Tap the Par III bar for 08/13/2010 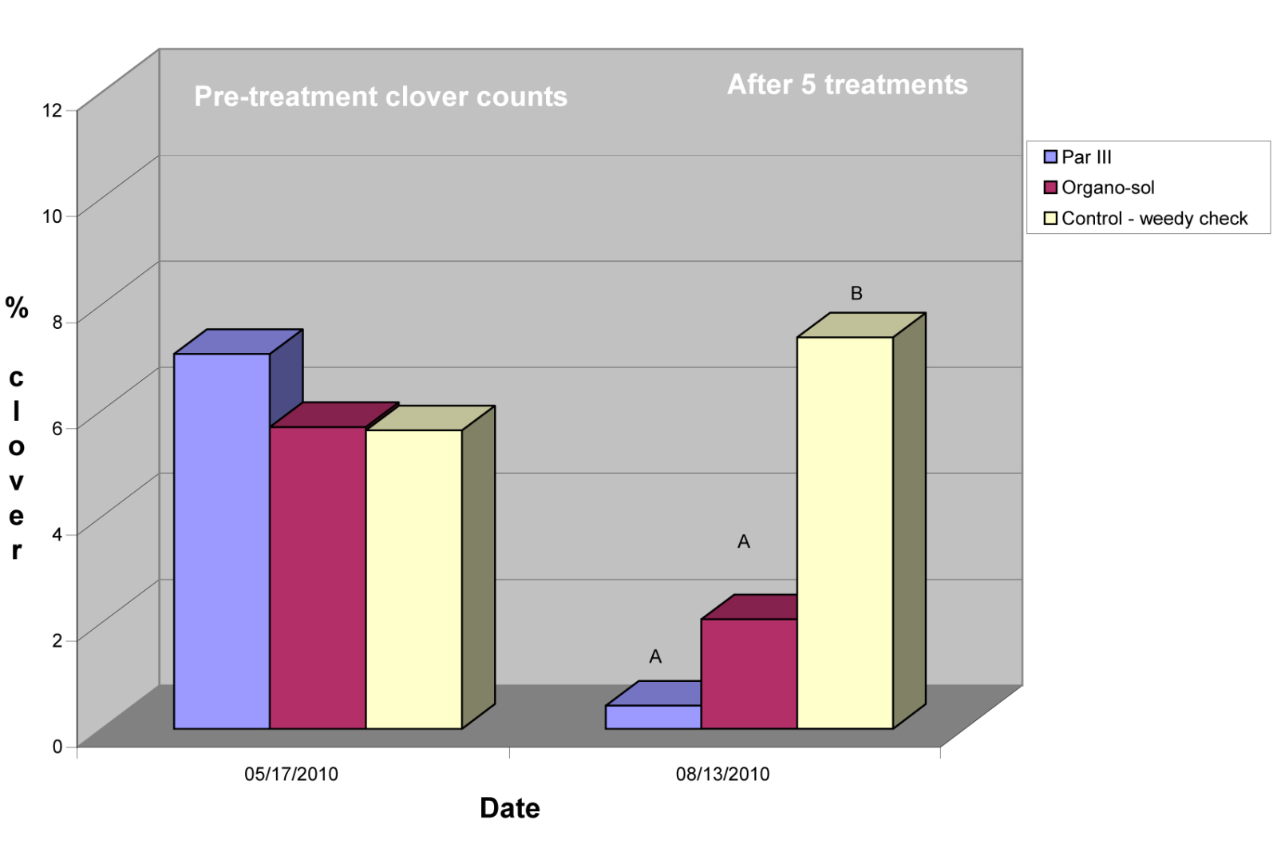(653, 716)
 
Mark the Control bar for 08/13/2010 (844, 533)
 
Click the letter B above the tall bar (856, 294)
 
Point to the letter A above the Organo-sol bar (744, 542)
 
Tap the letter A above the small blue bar (655, 657)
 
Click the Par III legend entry (1085, 157)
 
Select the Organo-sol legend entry (1107, 188)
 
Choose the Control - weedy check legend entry (1153, 219)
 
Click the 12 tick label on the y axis (52, 110)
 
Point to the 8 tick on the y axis (57, 323)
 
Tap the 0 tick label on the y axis (57, 747)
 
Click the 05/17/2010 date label (291, 774)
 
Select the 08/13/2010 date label (722, 774)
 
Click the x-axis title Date (510, 808)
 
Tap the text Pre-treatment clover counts (381, 97)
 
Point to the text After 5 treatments (847, 85)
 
